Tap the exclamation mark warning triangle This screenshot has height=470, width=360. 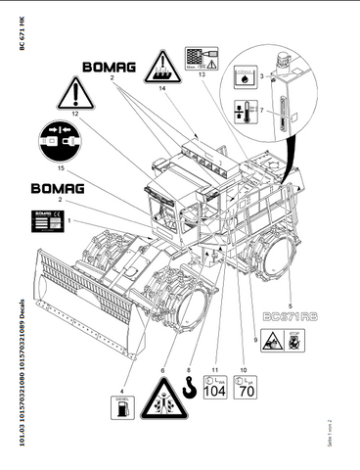click(x=75, y=94)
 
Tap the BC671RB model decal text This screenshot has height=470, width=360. click(x=291, y=314)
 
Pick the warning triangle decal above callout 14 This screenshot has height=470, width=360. click(x=162, y=68)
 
